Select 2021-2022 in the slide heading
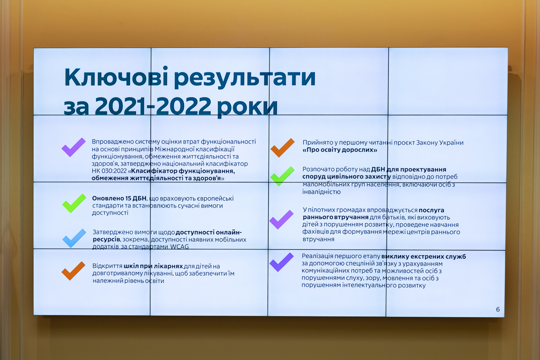[153, 106]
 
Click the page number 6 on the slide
[498, 309]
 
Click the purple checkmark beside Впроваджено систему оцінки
[73, 147]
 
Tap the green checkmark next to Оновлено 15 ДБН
[74, 203]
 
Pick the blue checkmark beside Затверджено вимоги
[74, 238]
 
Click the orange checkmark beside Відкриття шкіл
[73, 271]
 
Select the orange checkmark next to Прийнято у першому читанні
[283, 148]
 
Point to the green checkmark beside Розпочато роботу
[282, 176]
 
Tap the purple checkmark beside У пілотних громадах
[281, 220]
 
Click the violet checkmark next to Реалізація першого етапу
[281, 262]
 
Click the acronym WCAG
[180, 247]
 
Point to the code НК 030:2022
[109, 171]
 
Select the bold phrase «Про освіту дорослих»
[340, 150]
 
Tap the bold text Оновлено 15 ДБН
[119, 198]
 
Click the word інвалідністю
[322, 192]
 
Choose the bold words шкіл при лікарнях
[153, 266]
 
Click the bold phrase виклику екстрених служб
[423, 256]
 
